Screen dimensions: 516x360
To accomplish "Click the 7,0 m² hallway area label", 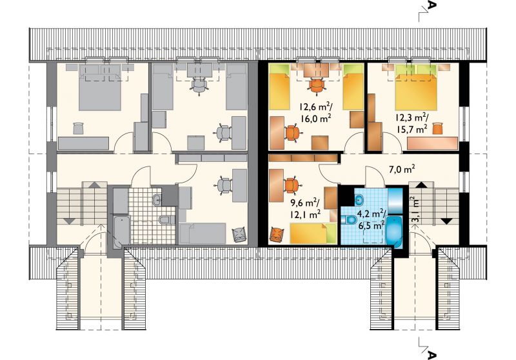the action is [400, 170].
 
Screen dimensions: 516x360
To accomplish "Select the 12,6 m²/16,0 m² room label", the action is [315, 112].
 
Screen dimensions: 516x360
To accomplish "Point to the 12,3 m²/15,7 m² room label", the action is [412, 123].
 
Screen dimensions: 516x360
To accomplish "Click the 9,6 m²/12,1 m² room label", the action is [305, 209].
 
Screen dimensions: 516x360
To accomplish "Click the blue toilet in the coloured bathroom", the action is [349, 219].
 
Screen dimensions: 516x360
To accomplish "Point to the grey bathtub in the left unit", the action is [121, 232].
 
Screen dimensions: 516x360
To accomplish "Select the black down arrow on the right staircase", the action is [446, 221].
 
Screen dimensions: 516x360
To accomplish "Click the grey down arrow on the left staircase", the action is [69, 221].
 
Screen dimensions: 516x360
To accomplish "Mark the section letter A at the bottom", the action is [432, 355].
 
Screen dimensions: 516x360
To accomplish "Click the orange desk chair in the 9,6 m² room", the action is [291, 185].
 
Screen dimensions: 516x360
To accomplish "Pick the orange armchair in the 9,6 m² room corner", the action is [277, 235].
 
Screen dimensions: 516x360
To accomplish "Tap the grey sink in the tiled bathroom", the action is [157, 199].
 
